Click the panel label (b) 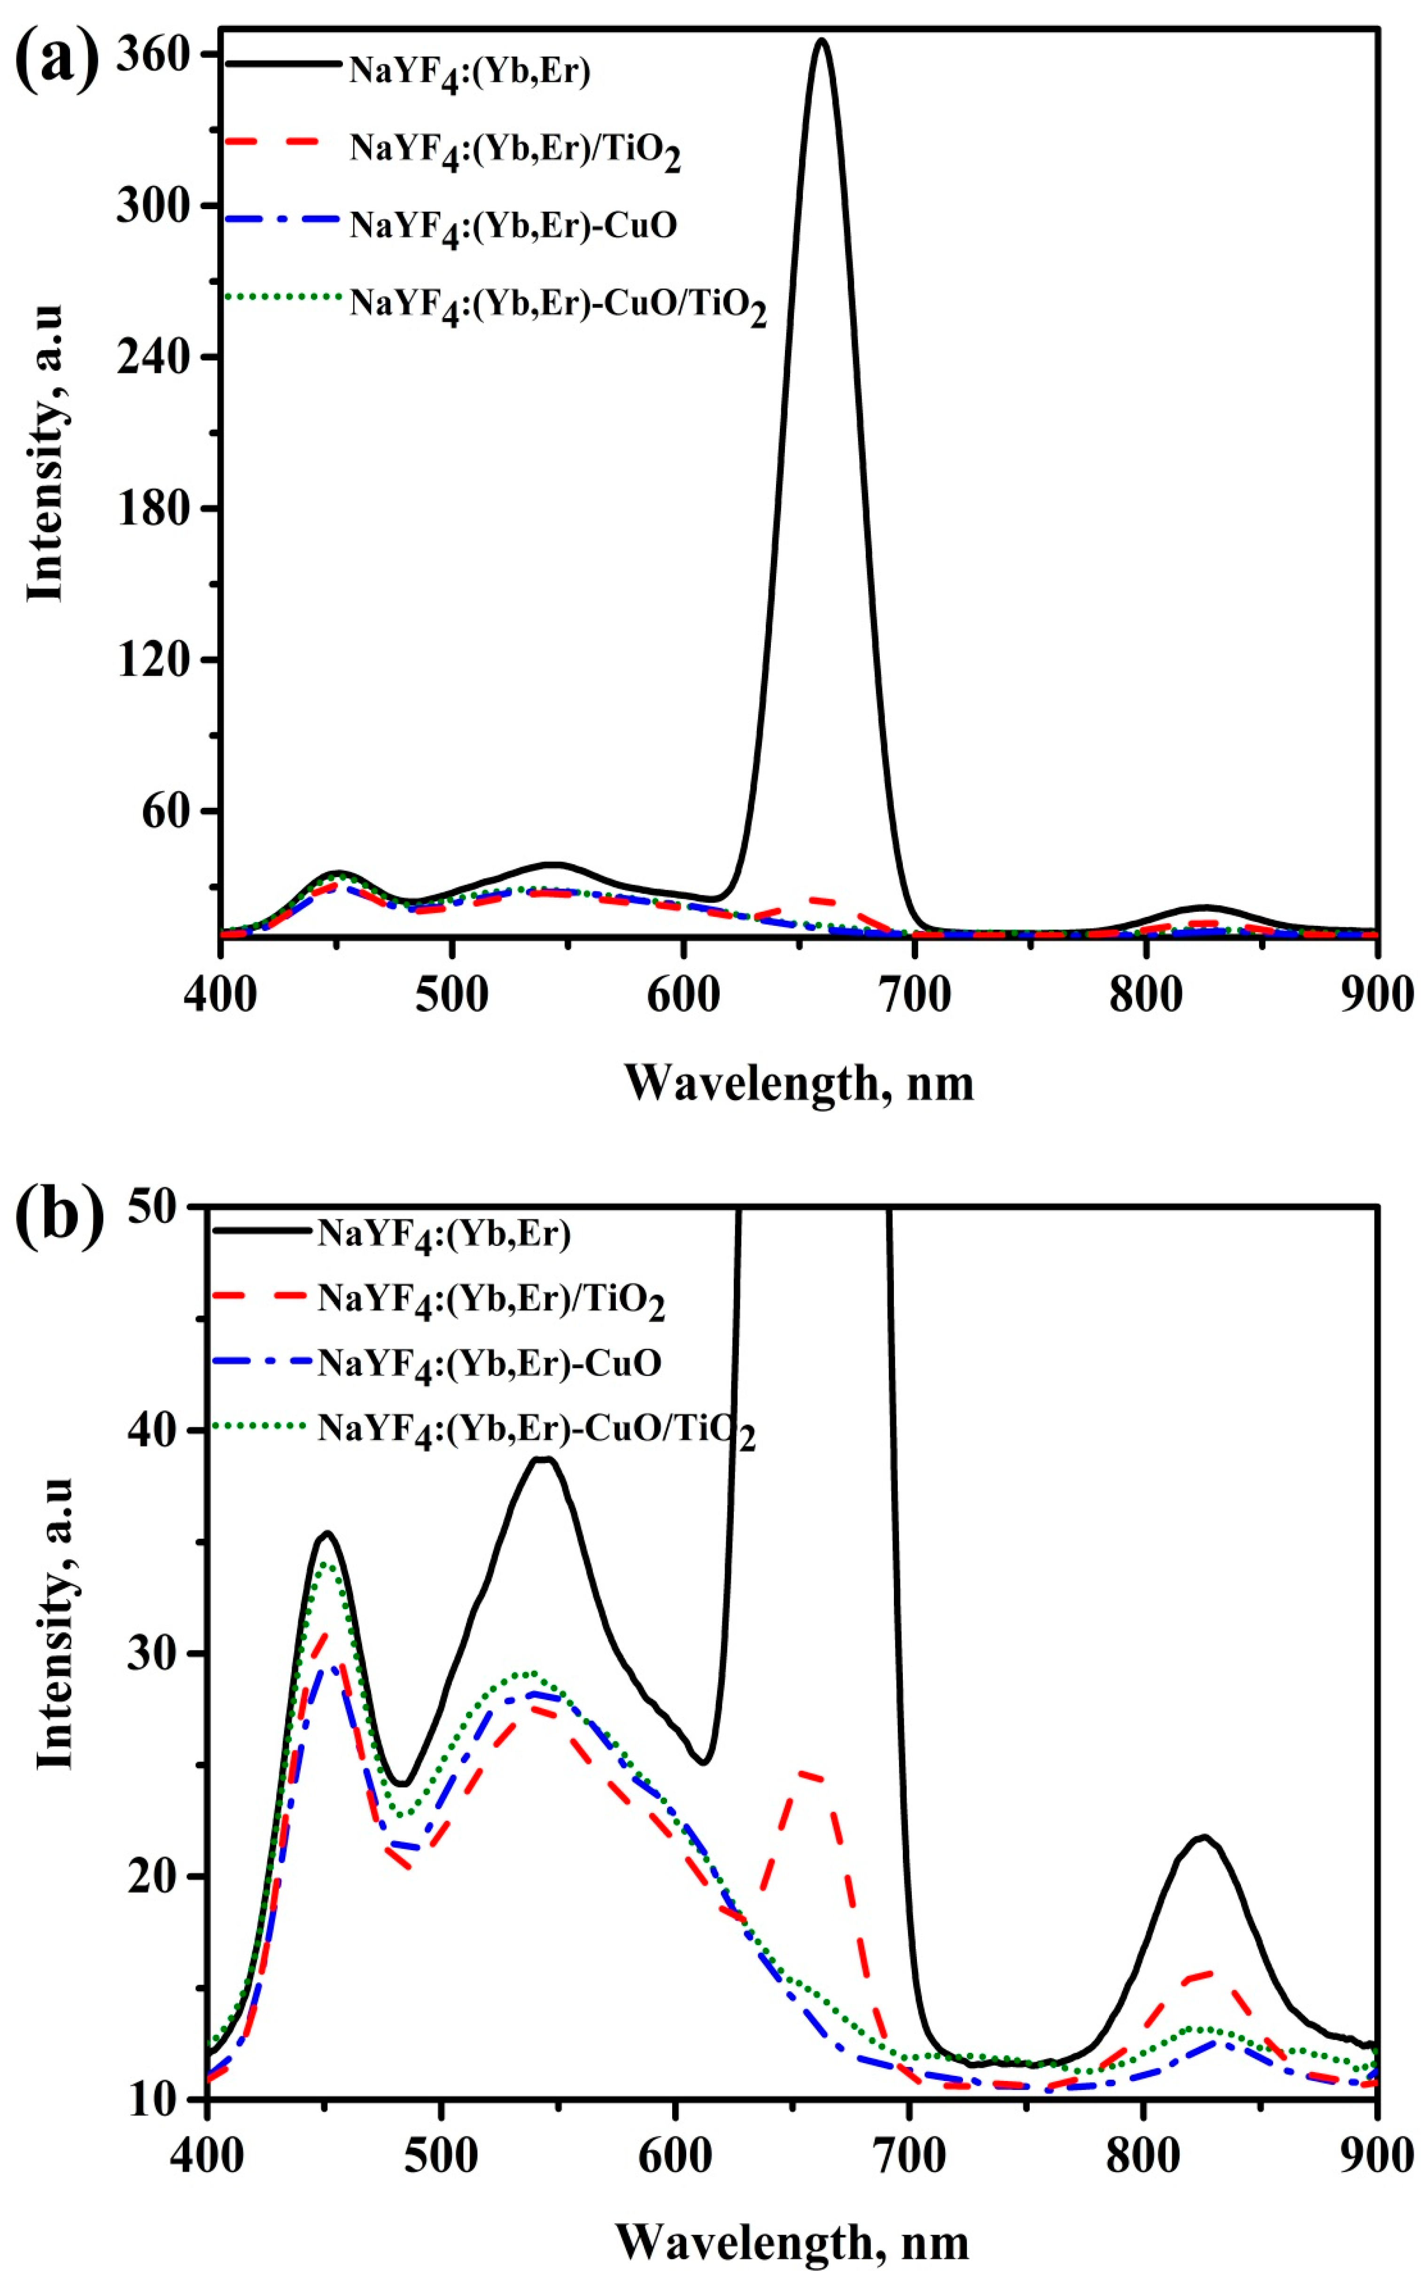pos(58,1217)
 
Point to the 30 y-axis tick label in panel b pos(152,1653)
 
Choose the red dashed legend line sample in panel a pos(282,141)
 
